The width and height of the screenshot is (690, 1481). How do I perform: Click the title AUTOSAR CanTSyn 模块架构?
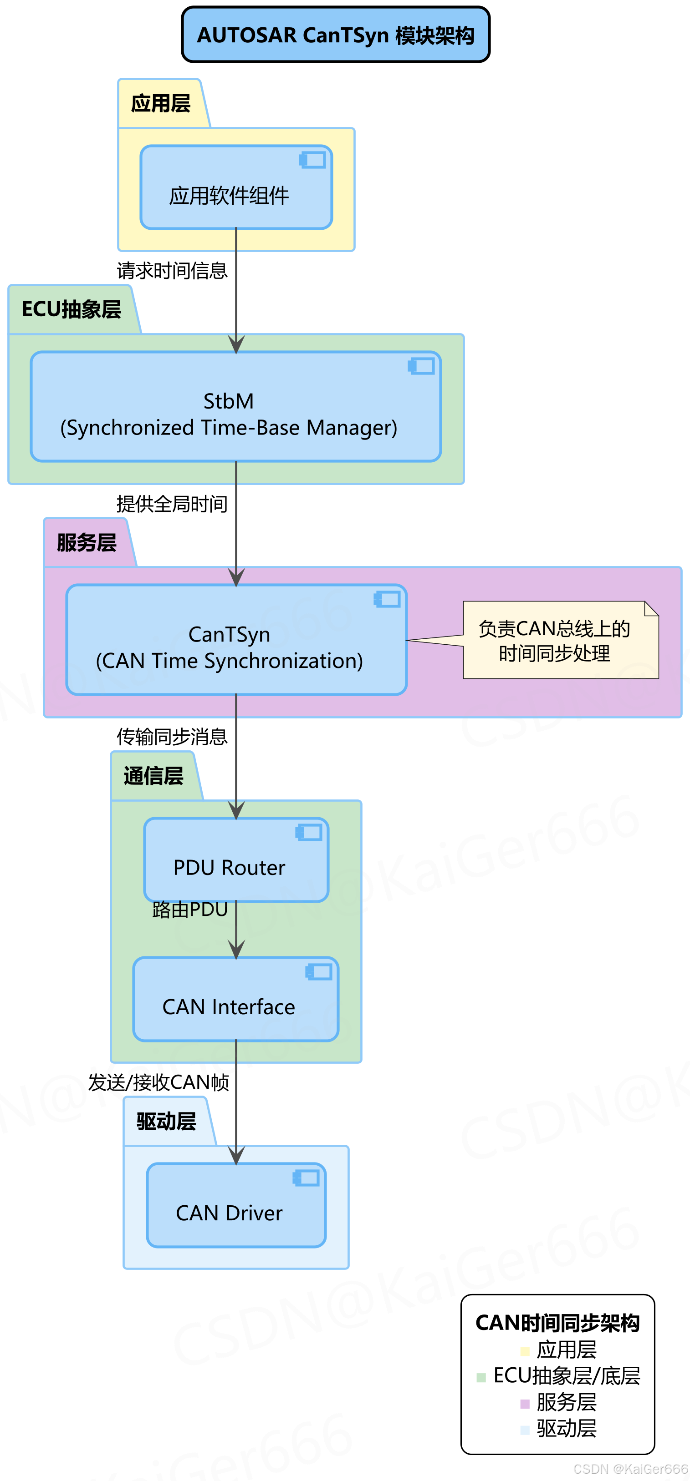point(336,35)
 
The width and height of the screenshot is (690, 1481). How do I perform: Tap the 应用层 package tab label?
point(161,103)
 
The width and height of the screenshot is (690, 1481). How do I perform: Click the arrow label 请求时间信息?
point(172,270)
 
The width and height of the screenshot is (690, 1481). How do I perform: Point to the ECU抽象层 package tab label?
point(72,309)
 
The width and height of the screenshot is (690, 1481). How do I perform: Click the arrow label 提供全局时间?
point(172,504)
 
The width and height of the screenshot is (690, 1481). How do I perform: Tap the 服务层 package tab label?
point(87,543)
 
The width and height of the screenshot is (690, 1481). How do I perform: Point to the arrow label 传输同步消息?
point(172,737)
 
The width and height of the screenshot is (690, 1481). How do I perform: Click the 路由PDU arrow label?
point(190,910)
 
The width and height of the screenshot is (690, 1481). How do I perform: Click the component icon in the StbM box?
point(421,366)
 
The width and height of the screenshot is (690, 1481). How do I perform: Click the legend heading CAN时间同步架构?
point(557,1323)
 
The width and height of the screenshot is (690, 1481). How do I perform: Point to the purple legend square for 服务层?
point(524,1404)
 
